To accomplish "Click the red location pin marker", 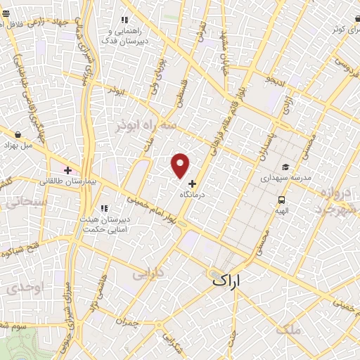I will (181, 165).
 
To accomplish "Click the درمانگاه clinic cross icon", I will (193, 183).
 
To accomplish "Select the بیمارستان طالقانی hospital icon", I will (68, 170).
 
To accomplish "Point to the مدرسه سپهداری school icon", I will (285, 167).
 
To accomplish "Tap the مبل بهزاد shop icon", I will (17, 134).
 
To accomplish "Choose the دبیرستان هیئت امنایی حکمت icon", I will (104, 208).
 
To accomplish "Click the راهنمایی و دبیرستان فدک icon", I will (124, 20).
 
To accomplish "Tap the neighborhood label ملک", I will (288, 328).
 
